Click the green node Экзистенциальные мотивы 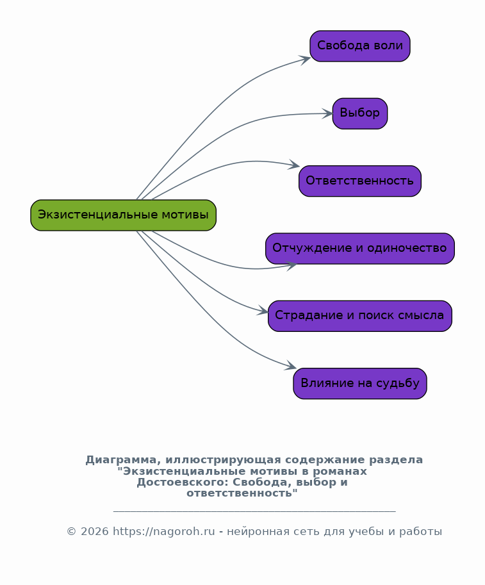coord(123,215)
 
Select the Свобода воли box coord(359,46)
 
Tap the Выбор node coord(359,113)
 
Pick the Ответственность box coord(359,181)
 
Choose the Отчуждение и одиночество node coord(359,249)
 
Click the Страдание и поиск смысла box coord(359,316)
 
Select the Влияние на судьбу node coord(359,383)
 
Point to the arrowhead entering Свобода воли coord(306,59)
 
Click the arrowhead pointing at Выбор coord(327,113)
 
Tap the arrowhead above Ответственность coord(295,166)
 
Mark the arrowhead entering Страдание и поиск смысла coord(263,312)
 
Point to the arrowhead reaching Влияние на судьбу coord(291,367)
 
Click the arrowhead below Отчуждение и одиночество coord(292,265)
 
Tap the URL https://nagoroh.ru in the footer coord(163,532)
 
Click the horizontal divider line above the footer coord(254,511)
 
